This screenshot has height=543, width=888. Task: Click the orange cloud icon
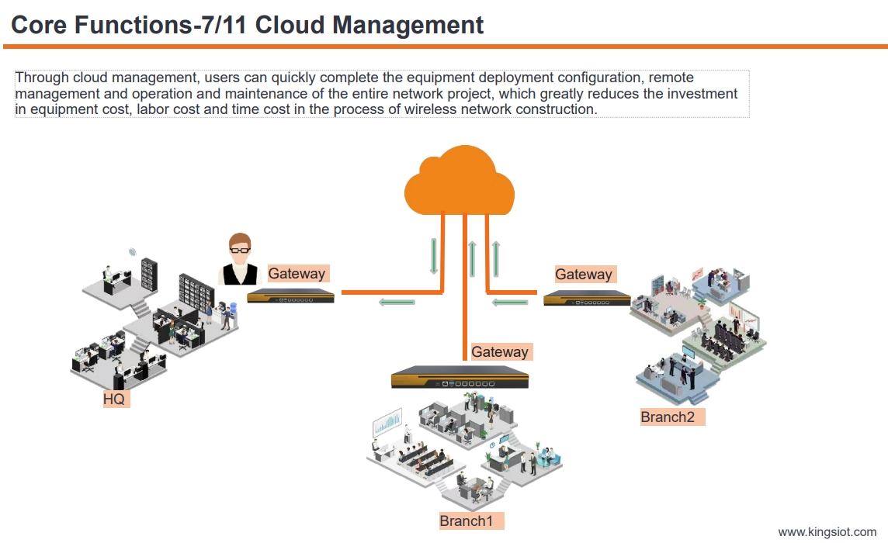(460, 183)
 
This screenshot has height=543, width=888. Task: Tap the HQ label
(114, 399)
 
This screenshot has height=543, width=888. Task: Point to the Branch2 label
(668, 417)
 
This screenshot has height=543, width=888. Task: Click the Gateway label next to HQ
(297, 273)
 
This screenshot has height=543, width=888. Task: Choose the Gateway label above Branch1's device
(500, 351)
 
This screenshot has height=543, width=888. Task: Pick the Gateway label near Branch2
(584, 274)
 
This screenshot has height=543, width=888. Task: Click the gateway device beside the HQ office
(290, 296)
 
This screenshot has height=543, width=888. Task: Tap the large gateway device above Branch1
(460, 379)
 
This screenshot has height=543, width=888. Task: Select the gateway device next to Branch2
(586, 298)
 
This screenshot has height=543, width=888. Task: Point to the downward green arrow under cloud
(434, 256)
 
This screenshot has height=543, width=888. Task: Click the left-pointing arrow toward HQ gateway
(396, 301)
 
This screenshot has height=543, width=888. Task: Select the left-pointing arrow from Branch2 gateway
(511, 302)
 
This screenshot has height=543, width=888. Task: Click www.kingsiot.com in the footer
(827, 532)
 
